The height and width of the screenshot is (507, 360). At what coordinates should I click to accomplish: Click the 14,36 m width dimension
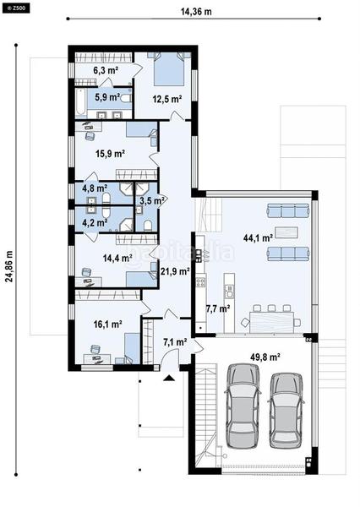[195, 13]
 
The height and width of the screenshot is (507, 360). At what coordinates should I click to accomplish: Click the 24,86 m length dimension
[10, 268]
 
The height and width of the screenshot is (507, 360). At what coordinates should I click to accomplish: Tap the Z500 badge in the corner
[15, 7]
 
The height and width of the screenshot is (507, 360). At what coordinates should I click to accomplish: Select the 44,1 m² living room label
[257, 238]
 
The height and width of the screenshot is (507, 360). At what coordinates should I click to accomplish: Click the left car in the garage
[239, 409]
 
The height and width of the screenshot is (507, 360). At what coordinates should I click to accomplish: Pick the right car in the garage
[286, 409]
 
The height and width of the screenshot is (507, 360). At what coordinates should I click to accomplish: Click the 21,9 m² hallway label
[173, 271]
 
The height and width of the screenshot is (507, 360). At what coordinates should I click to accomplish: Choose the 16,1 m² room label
[110, 323]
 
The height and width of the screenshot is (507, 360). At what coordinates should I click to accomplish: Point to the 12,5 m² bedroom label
[166, 99]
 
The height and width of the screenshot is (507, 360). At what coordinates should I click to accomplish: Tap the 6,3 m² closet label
[105, 71]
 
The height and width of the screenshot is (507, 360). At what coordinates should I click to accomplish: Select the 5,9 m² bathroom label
[106, 97]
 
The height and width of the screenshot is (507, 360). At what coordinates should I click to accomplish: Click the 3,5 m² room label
[153, 201]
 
